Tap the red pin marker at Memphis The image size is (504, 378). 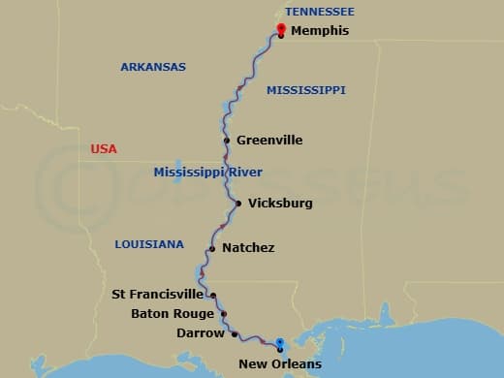click(281, 29)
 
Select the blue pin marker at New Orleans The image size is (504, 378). click(279, 343)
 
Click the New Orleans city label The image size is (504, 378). click(281, 364)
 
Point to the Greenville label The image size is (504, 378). click(269, 141)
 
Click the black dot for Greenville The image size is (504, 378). click(227, 141)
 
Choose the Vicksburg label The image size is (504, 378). click(280, 204)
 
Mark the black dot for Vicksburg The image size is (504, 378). click(238, 204)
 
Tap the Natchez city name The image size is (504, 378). click(248, 248)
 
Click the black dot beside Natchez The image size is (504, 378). click(211, 248)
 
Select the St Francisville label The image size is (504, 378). click(158, 294)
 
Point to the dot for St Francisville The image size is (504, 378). click(213, 295)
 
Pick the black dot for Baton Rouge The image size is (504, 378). click(224, 314)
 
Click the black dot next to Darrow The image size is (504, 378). click(235, 334)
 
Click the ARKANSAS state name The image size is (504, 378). click(153, 67)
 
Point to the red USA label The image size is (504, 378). click(104, 149)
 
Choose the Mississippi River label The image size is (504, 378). click(208, 173)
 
